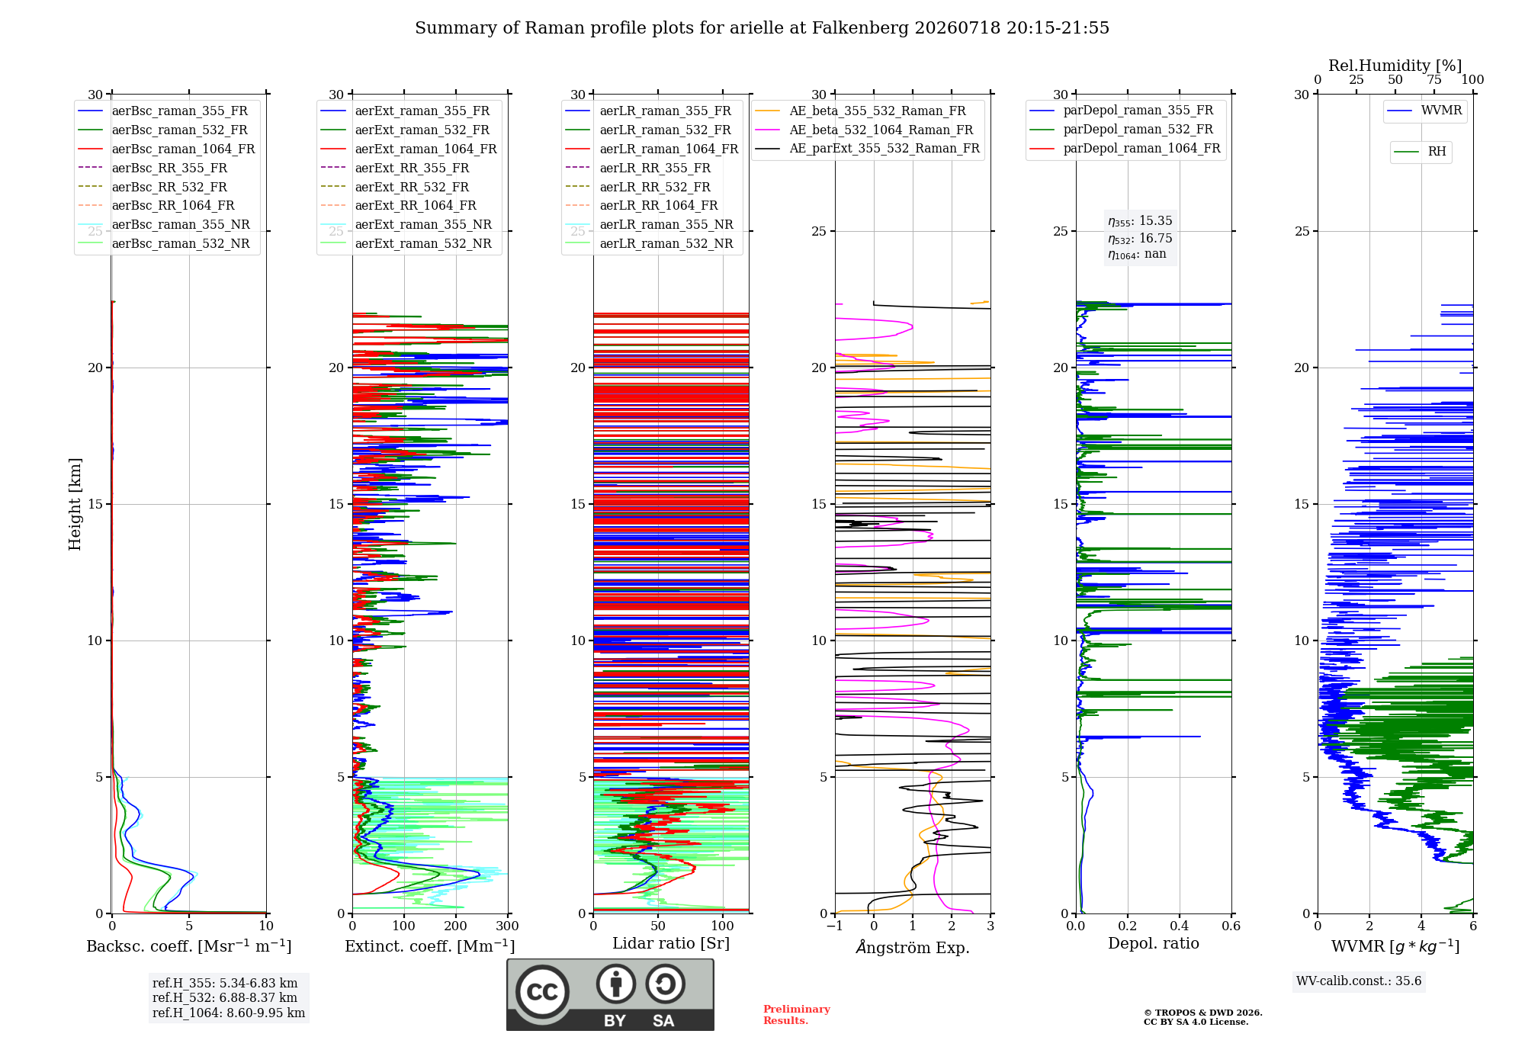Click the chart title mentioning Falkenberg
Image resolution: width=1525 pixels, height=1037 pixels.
click(762, 28)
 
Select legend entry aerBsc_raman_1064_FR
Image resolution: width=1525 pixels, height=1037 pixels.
click(166, 149)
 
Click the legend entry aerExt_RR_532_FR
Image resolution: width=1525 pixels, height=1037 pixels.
click(395, 187)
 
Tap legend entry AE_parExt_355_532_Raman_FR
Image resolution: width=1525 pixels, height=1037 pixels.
click(867, 148)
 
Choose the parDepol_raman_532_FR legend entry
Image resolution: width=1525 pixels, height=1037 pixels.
click(1122, 129)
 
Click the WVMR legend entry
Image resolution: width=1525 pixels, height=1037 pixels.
click(1424, 111)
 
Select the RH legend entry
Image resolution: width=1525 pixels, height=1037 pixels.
click(1420, 152)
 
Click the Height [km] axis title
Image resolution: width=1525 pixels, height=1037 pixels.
click(75, 504)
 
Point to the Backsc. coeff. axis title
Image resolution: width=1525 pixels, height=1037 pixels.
click(189, 945)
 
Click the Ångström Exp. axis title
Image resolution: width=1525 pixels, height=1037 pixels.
click(913, 947)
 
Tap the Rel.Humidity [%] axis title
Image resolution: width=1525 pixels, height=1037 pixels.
click(1395, 66)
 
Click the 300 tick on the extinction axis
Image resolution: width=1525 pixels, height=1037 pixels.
click(507, 926)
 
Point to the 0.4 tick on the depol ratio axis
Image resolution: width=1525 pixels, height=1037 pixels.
click(1179, 926)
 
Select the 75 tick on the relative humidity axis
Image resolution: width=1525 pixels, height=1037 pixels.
click(1434, 79)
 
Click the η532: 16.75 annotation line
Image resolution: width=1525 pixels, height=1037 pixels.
click(1140, 238)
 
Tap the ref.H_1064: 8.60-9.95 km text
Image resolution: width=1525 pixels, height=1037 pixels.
click(229, 1013)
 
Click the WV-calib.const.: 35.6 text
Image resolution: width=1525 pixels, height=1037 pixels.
click(1359, 981)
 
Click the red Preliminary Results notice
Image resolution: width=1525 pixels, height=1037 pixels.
click(797, 1015)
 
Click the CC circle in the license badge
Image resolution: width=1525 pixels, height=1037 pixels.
click(542, 991)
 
